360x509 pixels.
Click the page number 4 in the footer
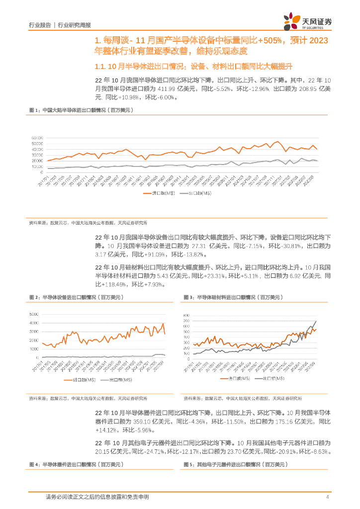[x=327, y=497]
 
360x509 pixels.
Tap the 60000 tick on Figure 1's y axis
[x=37, y=137]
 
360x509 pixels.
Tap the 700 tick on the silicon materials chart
[x=186, y=316]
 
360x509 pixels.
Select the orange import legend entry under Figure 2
[x=75, y=380]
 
